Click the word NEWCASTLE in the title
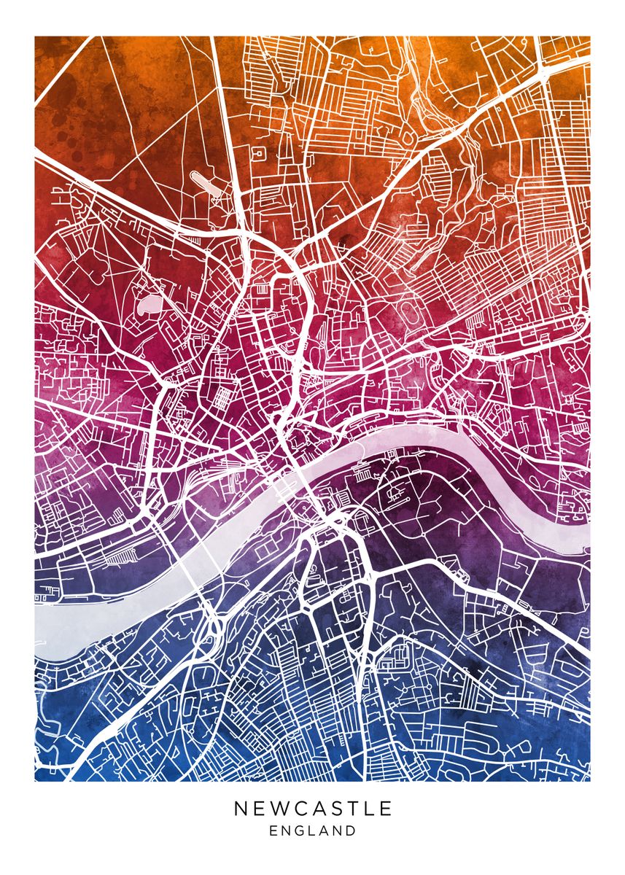pyautogui.click(x=313, y=809)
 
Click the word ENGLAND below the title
pyautogui.click(x=313, y=831)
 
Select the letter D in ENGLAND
pyautogui.click(x=352, y=831)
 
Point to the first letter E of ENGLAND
pyautogui.click(x=273, y=831)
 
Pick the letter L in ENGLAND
pyautogui.click(x=312, y=831)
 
